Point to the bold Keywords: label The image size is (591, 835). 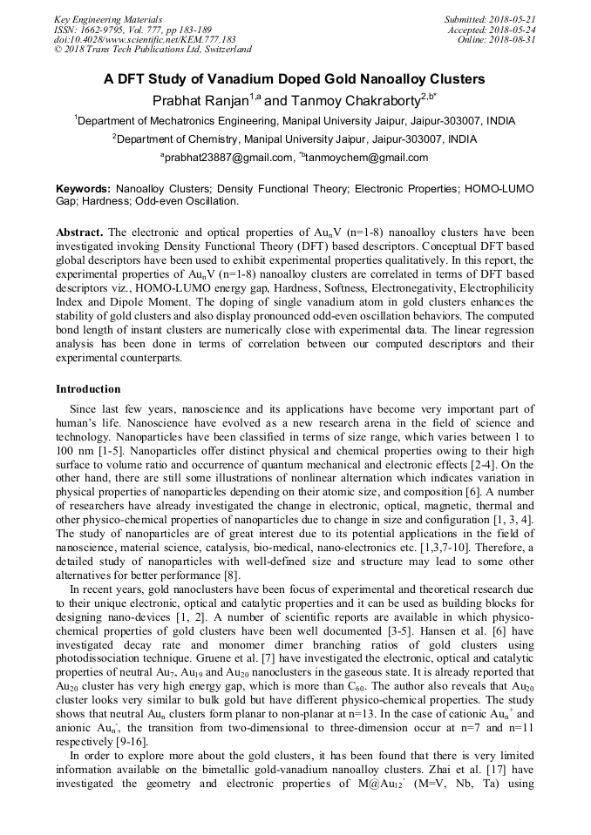pyautogui.click(x=83, y=188)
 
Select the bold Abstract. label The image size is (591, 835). pyautogui.click(x=79, y=233)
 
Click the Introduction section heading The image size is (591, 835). pyautogui.click(x=88, y=388)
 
